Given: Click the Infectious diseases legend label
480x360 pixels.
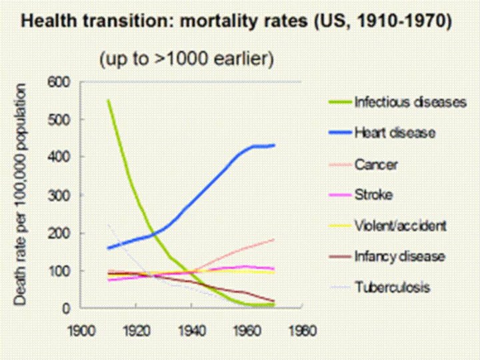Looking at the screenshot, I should [410, 103].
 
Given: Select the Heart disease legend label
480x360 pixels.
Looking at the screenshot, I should [395, 133].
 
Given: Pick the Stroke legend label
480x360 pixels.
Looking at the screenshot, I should [373, 195].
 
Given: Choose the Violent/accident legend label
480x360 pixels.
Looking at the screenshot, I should [400, 226].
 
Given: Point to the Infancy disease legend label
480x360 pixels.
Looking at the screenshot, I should [399, 257].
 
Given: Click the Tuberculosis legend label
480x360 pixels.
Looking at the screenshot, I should [392, 287].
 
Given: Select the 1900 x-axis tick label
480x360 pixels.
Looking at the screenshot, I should [79, 329].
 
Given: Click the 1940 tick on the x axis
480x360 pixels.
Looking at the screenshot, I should [192, 329].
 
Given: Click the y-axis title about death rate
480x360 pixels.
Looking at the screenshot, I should [21, 195].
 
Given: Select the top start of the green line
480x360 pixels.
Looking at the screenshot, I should [108, 100].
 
